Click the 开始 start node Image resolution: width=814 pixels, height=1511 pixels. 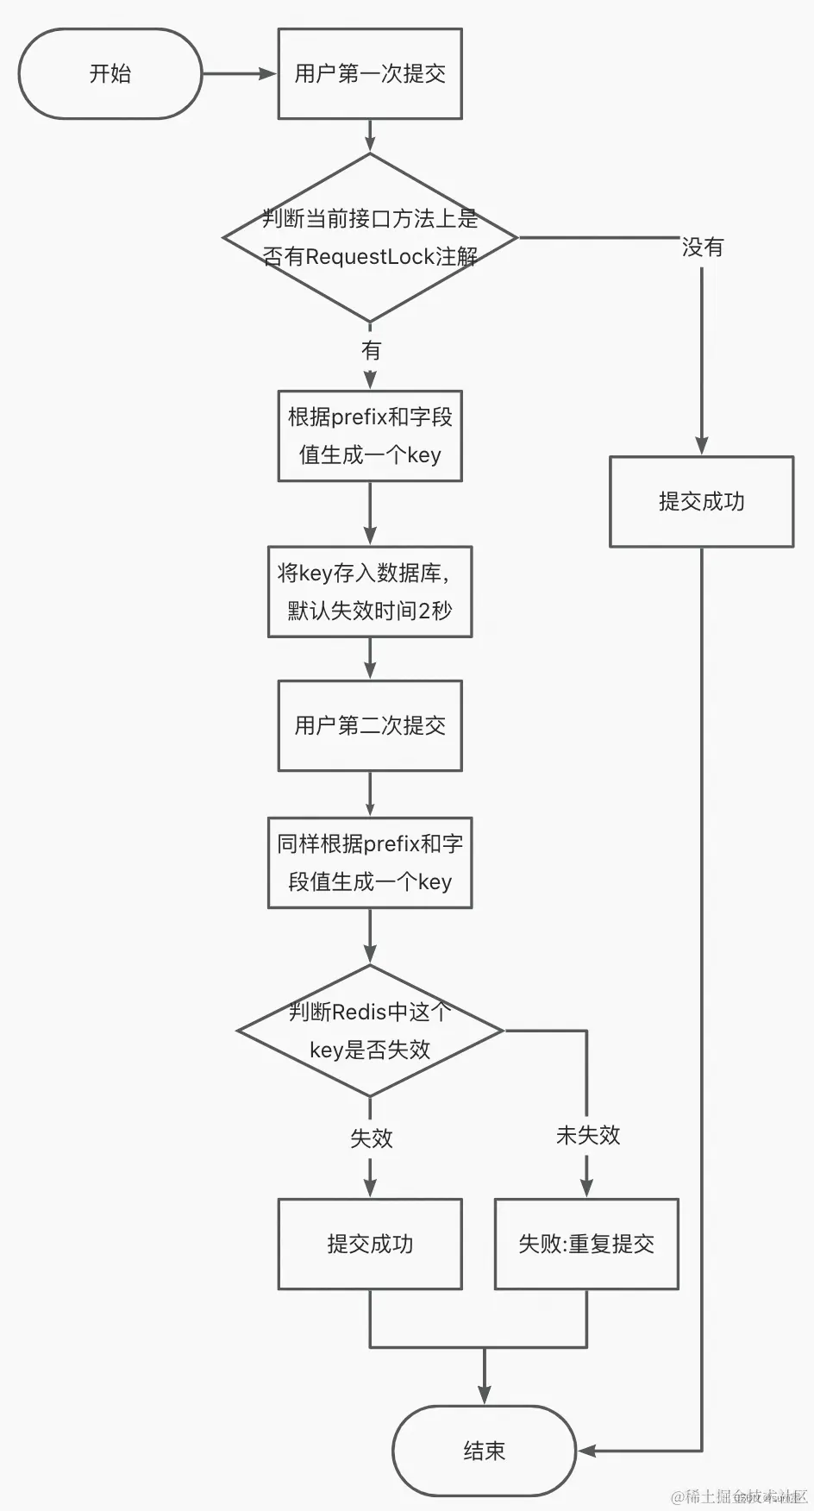point(110,74)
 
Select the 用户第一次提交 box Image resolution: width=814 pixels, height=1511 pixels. point(370,74)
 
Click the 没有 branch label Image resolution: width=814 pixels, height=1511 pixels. point(702,248)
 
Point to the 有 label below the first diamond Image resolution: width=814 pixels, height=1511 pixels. point(371,350)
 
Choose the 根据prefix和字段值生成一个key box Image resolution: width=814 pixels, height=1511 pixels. point(370,436)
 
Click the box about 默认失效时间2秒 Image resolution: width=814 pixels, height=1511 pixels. point(370,592)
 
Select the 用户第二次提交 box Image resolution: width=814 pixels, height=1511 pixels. point(370,725)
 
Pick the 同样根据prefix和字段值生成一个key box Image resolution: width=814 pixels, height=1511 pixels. point(370,862)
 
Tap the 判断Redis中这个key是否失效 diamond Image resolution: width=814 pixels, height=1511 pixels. point(370,1031)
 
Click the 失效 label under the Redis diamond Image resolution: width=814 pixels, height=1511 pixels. point(371,1138)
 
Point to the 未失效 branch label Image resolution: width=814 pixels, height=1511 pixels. point(587,1135)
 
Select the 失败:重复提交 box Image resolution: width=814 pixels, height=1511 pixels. point(586,1244)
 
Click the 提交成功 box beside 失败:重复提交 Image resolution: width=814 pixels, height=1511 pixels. point(370,1244)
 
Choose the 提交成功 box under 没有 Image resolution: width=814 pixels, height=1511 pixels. point(701,501)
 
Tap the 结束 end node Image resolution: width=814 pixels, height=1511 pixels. point(484,1451)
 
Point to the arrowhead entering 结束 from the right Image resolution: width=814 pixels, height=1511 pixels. point(586,1451)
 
